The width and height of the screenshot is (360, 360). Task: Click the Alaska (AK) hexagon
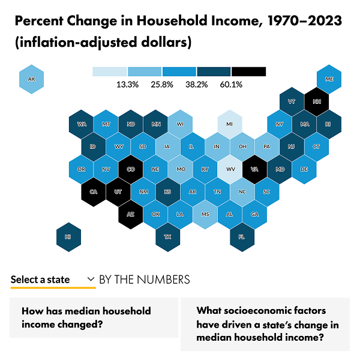[x=31, y=79]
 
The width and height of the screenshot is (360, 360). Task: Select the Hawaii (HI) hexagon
[x=68, y=236]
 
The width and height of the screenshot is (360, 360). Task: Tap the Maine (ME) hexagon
[x=329, y=79]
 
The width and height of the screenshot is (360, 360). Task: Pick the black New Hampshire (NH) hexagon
[x=316, y=101]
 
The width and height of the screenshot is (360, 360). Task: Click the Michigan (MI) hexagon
[x=230, y=124]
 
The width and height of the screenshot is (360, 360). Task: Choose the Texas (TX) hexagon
[x=167, y=236]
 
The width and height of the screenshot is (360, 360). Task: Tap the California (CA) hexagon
[x=94, y=192]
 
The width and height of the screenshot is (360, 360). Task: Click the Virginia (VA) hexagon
[x=254, y=169]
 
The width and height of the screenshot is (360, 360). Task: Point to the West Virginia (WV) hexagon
[x=230, y=169]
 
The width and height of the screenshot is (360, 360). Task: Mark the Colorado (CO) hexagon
[x=130, y=169]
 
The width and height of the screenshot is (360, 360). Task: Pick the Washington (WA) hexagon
[x=81, y=124]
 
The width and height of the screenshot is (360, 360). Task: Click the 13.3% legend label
[x=127, y=85]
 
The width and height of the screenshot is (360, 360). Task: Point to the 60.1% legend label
[x=231, y=85]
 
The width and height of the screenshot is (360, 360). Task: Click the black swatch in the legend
[x=248, y=71]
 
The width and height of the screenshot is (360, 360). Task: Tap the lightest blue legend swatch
[x=110, y=71]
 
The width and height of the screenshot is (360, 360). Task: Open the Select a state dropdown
[x=53, y=280]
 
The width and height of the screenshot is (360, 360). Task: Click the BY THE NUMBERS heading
[x=144, y=280]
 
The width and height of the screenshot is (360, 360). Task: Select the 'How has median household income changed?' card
[x=94, y=317]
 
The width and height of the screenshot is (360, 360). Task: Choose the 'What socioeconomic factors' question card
[x=265, y=324]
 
